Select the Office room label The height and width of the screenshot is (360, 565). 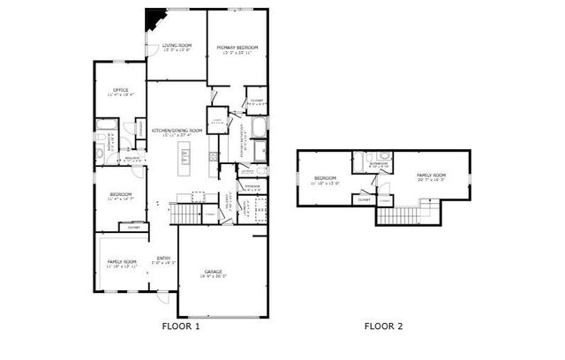(x=120, y=90)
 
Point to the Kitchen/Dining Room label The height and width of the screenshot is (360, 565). (x=177, y=131)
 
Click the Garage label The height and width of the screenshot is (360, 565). (x=214, y=272)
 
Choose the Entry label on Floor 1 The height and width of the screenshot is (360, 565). (x=164, y=259)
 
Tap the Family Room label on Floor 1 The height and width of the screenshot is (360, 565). (x=122, y=262)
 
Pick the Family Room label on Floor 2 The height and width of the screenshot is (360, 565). (x=432, y=176)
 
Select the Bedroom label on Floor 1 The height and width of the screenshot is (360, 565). (x=121, y=194)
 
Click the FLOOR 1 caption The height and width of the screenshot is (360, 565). (x=181, y=326)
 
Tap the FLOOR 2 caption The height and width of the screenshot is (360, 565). (x=383, y=326)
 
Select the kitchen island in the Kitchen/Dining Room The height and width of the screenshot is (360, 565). (x=185, y=158)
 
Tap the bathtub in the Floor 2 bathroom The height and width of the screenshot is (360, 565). (x=360, y=163)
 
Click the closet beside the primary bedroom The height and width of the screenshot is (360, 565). (x=256, y=101)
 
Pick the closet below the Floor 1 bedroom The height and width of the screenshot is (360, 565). (x=133, y=228)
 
